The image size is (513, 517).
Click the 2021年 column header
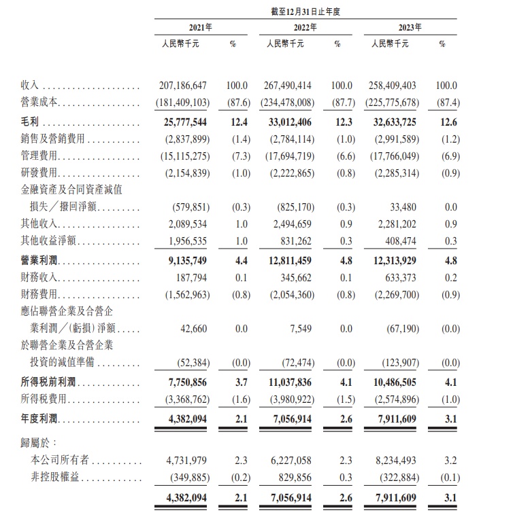click(200, 27)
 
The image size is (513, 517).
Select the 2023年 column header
click(410, 27)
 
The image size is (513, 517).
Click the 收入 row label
click(31, 86)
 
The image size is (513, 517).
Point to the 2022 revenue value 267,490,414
click(287, 86)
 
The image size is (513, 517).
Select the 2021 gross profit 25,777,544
click(186, 122)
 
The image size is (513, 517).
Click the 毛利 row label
click(31, 122)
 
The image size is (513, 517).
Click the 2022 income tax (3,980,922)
click(287, 401)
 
